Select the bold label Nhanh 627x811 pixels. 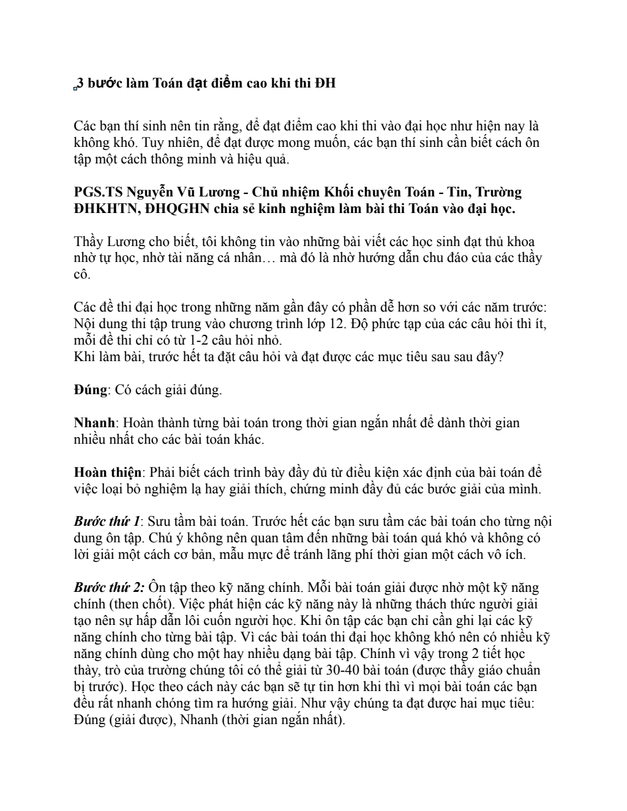pyautogui.click(x=94, y=423)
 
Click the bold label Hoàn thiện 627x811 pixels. pyautogui.click(x=108, y=473)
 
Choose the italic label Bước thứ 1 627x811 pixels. pyautogui.click(x=107, y=522)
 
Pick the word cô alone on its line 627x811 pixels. pyautogui.click(x=81, y=274)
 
